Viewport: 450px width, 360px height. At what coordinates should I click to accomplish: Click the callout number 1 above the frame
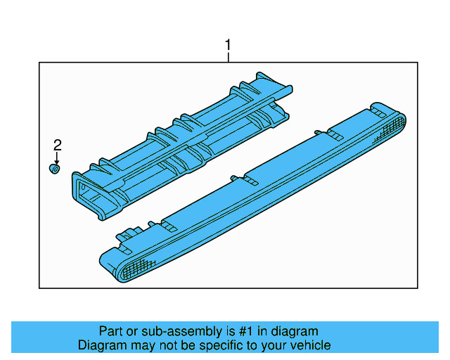228,46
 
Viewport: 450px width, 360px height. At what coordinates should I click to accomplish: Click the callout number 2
58,145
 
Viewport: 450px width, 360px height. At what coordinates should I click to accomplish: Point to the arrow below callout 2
58,159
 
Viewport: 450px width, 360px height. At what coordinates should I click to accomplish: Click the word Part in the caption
112,331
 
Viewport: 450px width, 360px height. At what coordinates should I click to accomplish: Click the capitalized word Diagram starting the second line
101,345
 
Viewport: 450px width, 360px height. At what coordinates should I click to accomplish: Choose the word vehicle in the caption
309,345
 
